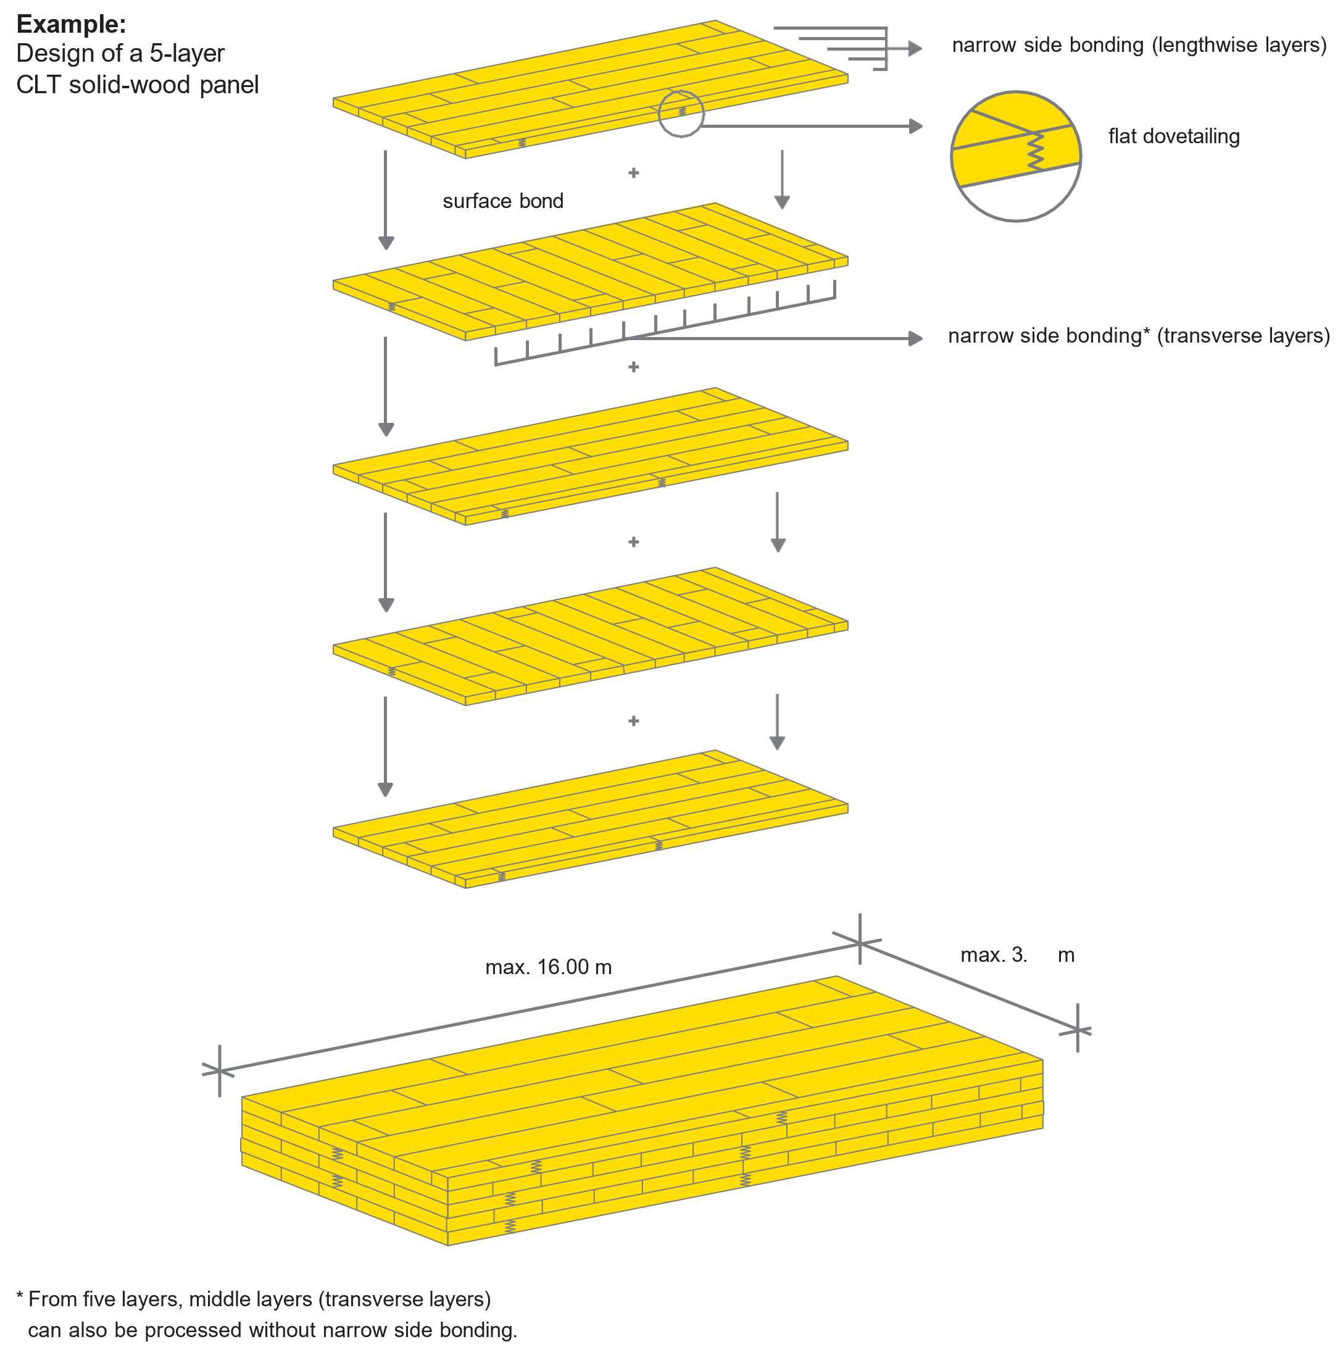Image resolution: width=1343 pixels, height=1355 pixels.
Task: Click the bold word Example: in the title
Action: pos(71,25)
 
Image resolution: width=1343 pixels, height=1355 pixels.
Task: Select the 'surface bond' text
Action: pos(503,201)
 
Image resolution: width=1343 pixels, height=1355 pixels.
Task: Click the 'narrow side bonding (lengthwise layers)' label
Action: pos(1139,46)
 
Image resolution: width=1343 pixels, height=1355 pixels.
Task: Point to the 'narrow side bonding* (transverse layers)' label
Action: pos(1138,336)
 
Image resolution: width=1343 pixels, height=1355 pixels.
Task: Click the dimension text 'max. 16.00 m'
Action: pos(549,967)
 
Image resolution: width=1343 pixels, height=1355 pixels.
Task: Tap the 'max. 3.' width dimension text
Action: pos(993,954)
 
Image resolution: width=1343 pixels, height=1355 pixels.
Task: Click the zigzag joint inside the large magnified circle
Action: pos(1036,151)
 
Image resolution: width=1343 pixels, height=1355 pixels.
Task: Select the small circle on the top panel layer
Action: pos(680,114)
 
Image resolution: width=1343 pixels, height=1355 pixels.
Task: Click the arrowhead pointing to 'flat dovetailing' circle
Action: pos(916,127)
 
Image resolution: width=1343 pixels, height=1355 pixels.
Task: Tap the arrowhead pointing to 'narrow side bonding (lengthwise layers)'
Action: pos(915,48)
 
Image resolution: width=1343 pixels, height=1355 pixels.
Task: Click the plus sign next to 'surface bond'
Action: pos(633,173)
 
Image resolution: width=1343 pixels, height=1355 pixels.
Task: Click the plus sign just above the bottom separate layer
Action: pos(633,721)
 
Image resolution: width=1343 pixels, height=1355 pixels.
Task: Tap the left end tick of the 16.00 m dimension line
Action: pos(220,1070)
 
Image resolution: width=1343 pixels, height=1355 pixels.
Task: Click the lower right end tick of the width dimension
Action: pos(1077,1030)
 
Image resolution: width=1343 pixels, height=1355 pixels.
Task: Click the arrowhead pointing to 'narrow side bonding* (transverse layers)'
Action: pos(916,339)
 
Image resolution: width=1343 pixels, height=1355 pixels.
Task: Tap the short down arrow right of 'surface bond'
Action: pos(782,181)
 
